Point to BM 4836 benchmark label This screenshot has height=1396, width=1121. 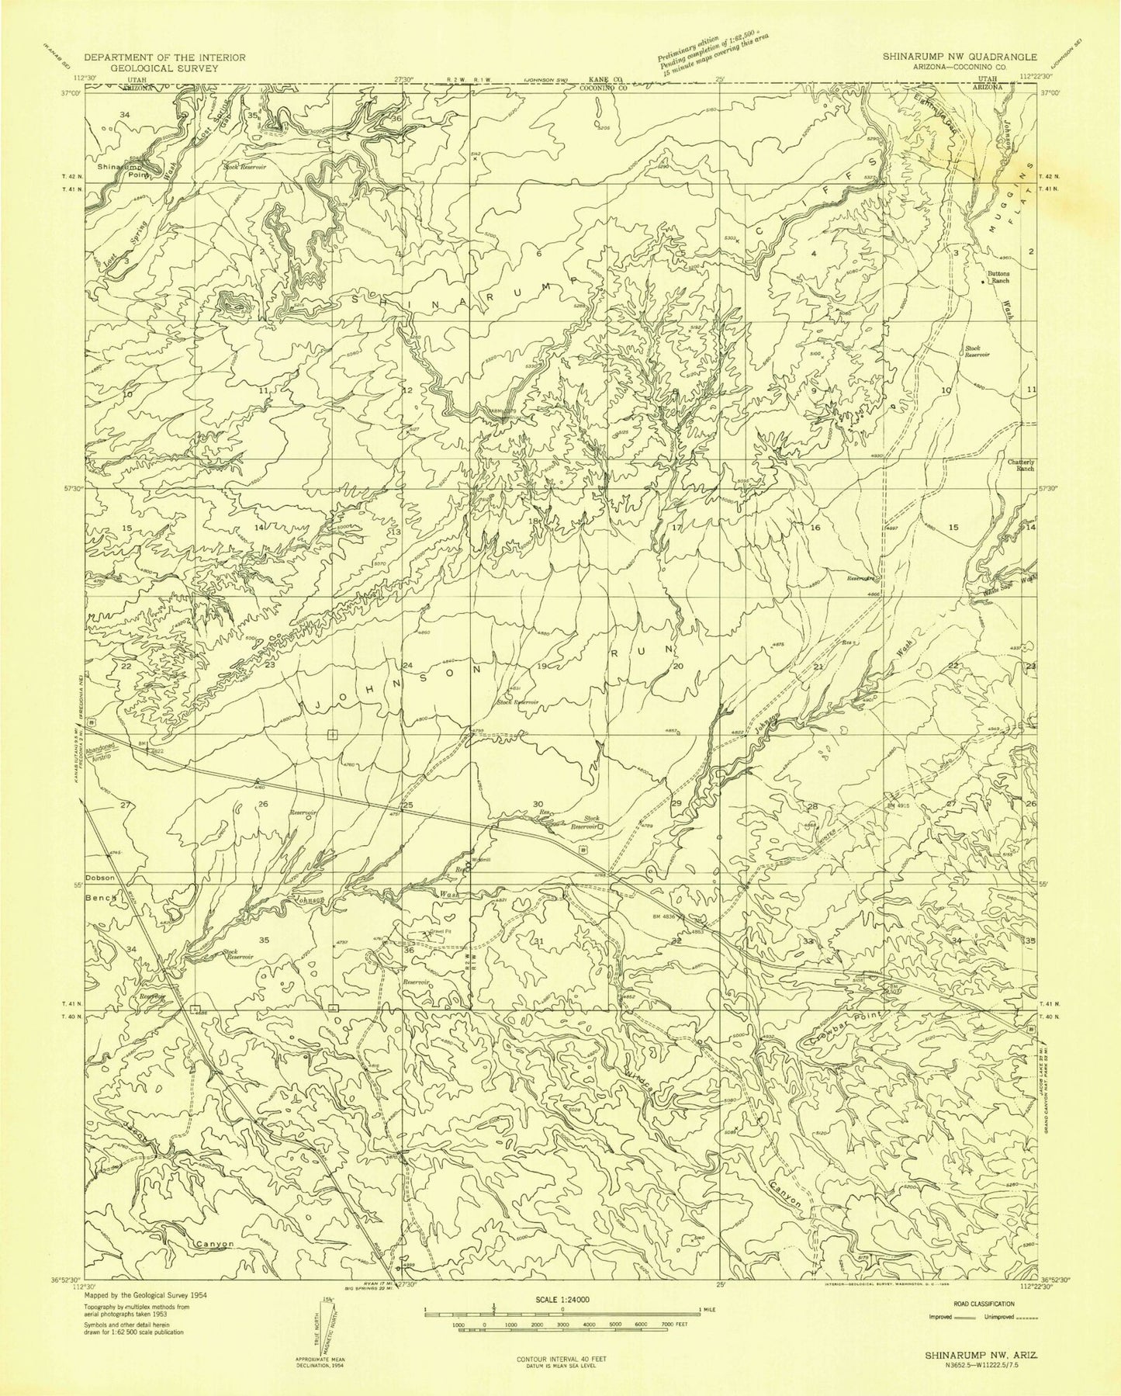point(666,915)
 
